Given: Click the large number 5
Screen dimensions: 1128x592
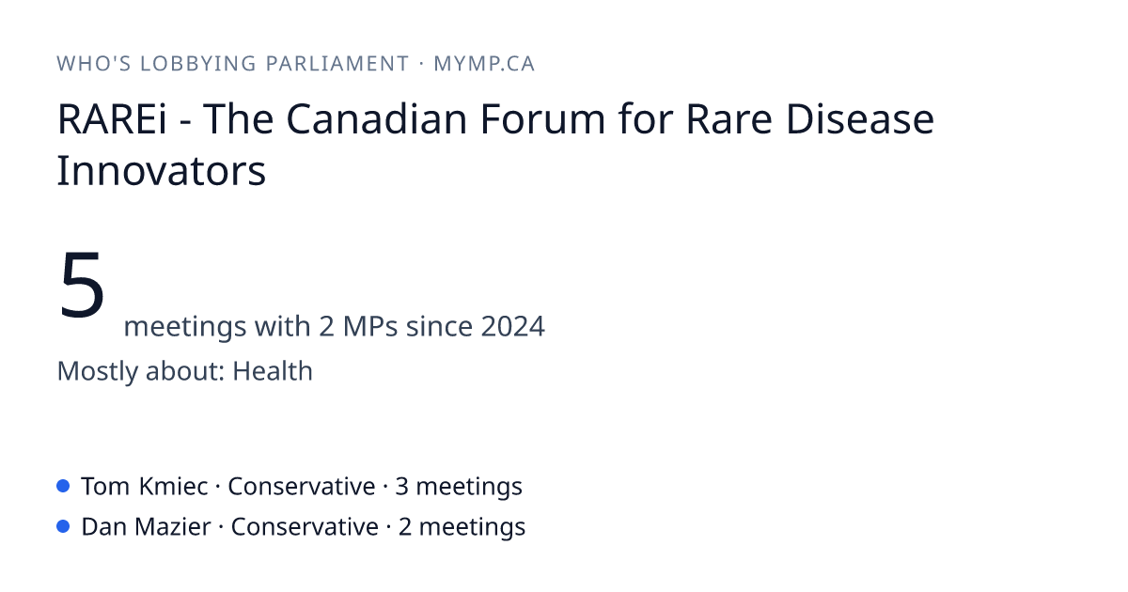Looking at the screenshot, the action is tap(82, 285).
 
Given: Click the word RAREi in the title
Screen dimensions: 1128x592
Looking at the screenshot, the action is tap(112, 119).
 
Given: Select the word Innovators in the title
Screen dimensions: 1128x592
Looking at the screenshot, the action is tap(161, 171).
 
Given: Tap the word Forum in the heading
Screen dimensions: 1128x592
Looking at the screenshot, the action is tap(542, 119).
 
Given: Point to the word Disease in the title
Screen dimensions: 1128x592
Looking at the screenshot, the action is tap(859, 119).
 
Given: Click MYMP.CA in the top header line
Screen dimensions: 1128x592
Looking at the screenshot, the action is tap(484, 64).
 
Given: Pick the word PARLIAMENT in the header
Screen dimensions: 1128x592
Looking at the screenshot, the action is tap(337, 64).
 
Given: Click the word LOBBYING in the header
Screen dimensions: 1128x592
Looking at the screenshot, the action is tap(198, 64).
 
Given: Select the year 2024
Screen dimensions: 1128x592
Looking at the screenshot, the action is tap(512, 326).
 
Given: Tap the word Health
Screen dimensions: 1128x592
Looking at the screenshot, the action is tap(273, 371).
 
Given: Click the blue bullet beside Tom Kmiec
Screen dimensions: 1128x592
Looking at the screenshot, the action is tap(63, 486).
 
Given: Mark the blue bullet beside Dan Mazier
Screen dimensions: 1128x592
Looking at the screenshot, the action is tap(63, 526).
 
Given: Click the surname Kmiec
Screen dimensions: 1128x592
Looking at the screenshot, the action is tap(173, 487).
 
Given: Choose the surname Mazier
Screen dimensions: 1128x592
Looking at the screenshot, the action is tap(173, 527).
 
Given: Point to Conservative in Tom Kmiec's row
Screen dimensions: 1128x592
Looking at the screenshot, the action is tap(301, 487).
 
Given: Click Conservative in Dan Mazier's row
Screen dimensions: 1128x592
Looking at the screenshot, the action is tap(305, 527).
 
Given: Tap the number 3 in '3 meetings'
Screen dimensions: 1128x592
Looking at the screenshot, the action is tap(401, 487).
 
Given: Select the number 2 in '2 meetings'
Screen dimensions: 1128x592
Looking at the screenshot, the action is tap(405, 527).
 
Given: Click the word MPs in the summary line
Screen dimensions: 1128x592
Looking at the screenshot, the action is tap(370, 326).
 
